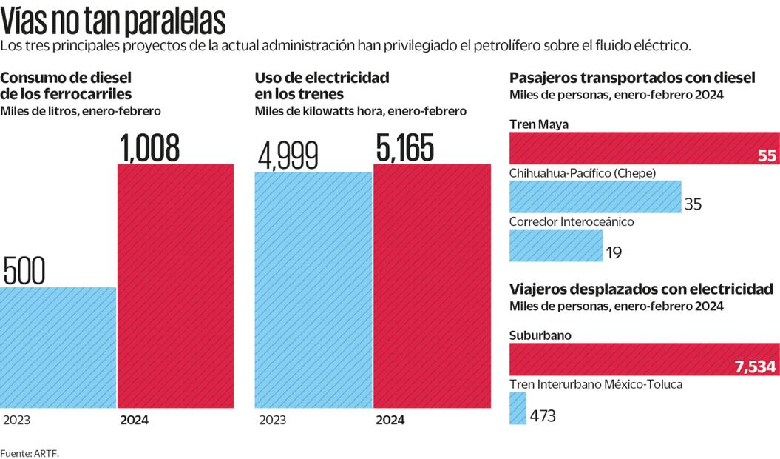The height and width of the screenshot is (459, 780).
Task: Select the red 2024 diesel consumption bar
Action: (x=176, y=285)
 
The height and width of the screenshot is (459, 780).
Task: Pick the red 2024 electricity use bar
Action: (x=432, y=285)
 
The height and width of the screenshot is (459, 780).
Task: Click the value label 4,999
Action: (x=288, y=155)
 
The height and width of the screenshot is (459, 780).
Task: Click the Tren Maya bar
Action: (x=643, y=148)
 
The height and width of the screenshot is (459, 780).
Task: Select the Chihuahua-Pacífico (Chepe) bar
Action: (x=594, y=196)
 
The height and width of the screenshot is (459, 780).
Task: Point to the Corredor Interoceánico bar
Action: (x=556, y=245)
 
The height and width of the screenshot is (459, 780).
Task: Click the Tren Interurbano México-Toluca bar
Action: (x=518, y=408)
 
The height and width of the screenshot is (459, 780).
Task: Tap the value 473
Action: (x=543, y=415)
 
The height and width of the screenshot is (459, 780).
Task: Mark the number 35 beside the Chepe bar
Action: (x=693, y=204)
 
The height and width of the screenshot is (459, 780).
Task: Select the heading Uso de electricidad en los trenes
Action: (x=322, y=86)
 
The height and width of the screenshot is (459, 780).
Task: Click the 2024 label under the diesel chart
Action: (x=134, y=420)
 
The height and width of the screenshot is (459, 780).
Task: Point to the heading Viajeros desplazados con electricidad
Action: (x=641, y=289)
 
